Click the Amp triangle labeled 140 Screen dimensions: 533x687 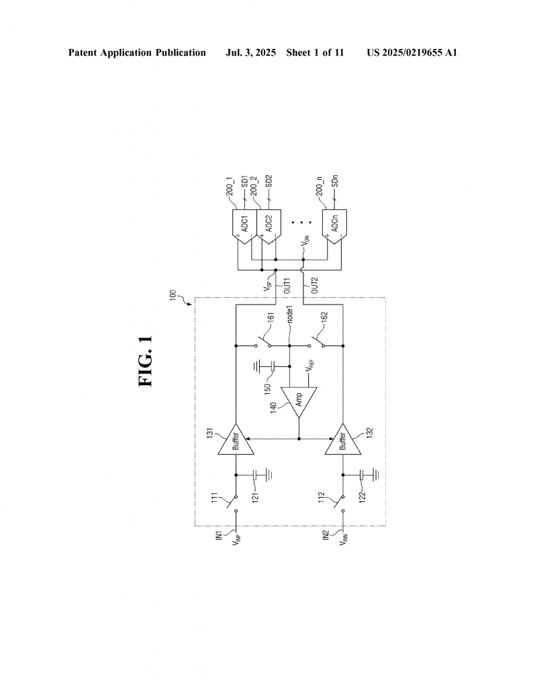[299, 401]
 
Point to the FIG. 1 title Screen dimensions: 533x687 [146, 361]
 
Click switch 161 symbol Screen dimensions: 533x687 [263, 343]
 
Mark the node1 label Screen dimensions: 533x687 [289, 314]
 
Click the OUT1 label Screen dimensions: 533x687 [287, 285]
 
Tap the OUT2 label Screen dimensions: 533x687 [314, 285]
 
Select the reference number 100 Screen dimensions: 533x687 [173, 295]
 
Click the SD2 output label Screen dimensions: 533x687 [269, 181]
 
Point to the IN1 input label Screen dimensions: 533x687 [220, 535]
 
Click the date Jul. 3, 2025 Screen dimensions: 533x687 [250, 53]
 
